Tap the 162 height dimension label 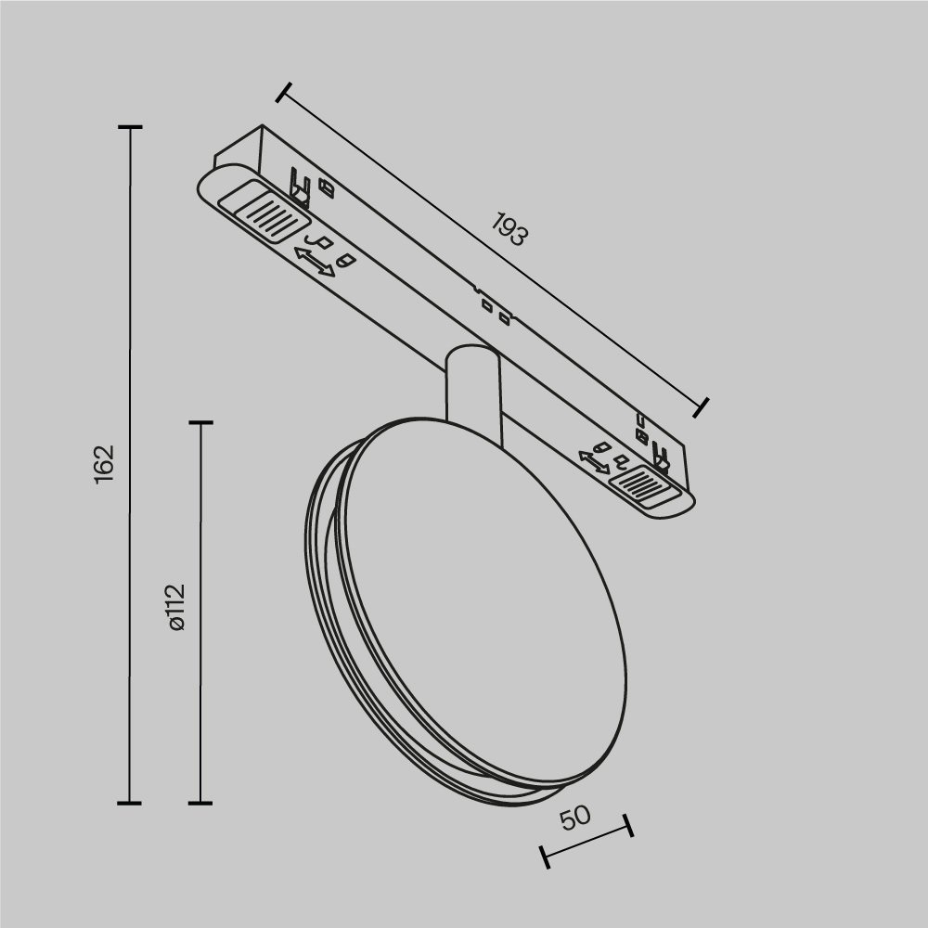[x=103, y=461]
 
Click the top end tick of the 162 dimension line [x=129, y=126]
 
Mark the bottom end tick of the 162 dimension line [x=129, y=802]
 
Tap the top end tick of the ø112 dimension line [x=200, y=423]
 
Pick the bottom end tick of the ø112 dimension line [x=200, y=802]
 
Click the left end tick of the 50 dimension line [x=545, y=857]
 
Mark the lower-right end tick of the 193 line [x=702, y=406]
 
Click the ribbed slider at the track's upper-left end [x=263, y=213]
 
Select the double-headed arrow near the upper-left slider [x=315, y=261]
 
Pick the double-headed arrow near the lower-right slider [x=594, y=461]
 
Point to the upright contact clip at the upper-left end [x=300, y=185]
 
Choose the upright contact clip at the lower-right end [x=661, y=457]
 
